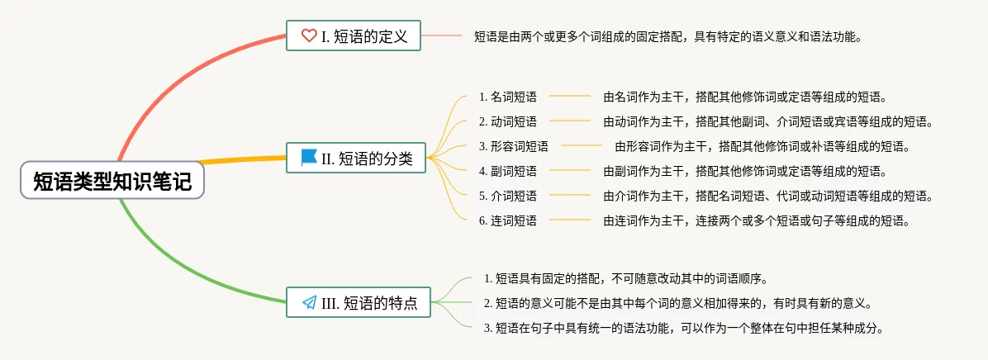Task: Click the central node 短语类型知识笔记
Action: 112,182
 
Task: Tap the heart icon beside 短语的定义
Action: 309,36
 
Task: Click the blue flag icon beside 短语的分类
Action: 309,157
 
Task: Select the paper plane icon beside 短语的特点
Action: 310,303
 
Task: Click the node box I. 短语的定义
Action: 354,36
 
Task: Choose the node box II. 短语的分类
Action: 356,158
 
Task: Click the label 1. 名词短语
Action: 507,97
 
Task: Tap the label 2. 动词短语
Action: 507,122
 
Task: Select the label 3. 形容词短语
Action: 513,147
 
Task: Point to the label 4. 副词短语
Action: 507,172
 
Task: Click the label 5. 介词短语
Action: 507,197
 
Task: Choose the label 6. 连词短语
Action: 507,221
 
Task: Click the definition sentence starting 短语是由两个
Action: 668,36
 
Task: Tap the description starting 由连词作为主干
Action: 757,221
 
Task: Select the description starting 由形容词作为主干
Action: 762,147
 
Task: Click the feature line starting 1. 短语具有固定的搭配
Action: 631,278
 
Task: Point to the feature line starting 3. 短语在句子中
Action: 684,328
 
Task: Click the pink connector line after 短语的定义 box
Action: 442,36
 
